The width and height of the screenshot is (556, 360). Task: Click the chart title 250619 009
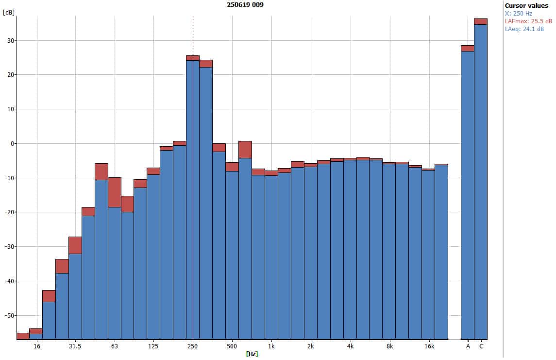[x=246, y=4]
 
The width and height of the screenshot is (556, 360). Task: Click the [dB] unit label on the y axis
[x=8, y=13]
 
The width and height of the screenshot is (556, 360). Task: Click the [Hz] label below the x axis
[x=252, y=354]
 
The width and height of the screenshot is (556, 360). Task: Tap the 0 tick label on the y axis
[x=12, y=144]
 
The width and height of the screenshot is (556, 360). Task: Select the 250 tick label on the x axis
[x=193, y=346]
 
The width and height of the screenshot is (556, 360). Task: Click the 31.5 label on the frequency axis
[x=75, y=346]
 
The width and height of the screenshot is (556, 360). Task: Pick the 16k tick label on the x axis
[x=429, y=346]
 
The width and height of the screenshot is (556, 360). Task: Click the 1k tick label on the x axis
[x=271, y=346]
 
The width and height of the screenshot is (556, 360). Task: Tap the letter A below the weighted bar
[x=468, y=346]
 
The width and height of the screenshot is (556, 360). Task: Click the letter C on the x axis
[x=481, y=346]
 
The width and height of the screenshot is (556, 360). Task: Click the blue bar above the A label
[x=468, y=194]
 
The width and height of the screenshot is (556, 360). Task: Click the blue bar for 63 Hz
[x=115, y=272]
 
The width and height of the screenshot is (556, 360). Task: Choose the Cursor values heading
[x=526, y=6]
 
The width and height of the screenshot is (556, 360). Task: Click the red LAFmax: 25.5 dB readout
[x=528, y=21]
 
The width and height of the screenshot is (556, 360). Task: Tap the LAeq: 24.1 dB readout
[x=524, y=29]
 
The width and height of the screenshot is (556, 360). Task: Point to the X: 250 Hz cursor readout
[x=519, y=14]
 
